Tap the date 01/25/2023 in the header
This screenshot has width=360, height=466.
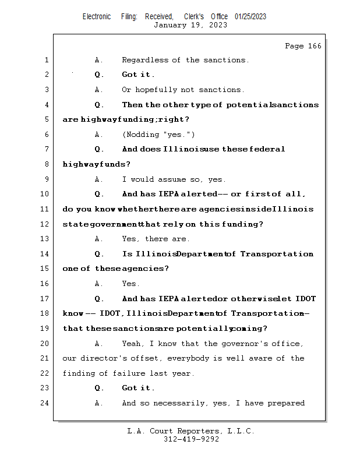coord(250,17)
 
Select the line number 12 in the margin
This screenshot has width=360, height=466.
coord(46,224)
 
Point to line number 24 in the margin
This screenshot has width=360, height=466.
coord(46,403)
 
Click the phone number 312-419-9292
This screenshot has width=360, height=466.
coord(191,440)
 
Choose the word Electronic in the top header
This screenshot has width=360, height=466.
coord(97,17)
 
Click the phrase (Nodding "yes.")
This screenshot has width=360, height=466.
coord(154,135)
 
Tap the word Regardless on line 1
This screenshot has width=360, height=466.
coord(144,60)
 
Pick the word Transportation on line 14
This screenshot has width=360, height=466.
coord(277,254)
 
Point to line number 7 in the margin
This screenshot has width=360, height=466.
coord(46,150)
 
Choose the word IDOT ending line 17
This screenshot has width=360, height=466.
coord(305,299)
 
